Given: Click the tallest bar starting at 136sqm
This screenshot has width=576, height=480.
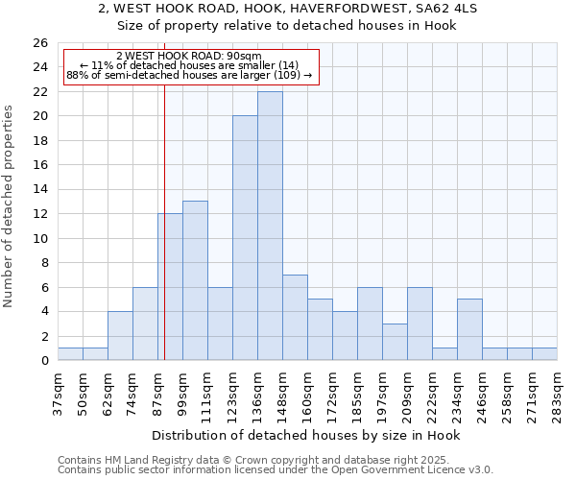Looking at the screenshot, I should point(270,226).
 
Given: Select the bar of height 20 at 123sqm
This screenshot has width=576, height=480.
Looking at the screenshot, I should point(245,238).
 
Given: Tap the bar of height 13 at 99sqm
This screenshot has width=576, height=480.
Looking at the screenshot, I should point(195,280).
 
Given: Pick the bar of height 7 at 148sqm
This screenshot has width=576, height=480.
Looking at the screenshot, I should point(295,318).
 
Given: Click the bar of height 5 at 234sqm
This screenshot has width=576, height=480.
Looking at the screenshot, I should point(469,329).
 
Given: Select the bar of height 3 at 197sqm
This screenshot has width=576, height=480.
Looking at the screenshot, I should point(395,342).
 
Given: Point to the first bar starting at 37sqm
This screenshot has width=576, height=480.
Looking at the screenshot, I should point(70,354).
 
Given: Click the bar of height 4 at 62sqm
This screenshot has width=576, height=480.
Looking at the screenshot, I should point(120,336).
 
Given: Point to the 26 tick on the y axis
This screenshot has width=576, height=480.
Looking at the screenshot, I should point(40,43).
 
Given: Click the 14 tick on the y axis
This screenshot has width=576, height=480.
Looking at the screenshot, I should point(40,190).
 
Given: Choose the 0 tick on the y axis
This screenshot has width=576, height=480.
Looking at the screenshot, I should point(44,361).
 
